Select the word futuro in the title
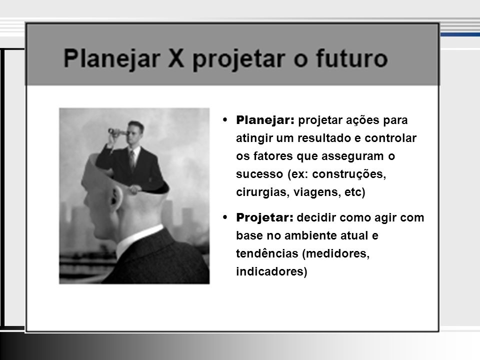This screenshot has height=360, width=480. (351, 57)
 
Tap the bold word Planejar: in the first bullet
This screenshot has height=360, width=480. (265, 120)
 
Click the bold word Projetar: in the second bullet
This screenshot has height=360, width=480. (264, 217)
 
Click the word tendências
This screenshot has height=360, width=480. (267, 253)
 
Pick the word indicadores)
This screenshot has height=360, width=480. (271, 271)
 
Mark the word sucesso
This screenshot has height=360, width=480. (259, 174)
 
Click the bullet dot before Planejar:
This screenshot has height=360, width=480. (225, 119)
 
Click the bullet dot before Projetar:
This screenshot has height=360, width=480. (225, 217)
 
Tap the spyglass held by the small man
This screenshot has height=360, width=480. (116, 132)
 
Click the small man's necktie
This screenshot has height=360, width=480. (132, 159)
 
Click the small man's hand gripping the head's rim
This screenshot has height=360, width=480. (134, 189)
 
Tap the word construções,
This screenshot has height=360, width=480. (349, 174)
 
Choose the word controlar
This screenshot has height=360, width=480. (390, 138)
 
